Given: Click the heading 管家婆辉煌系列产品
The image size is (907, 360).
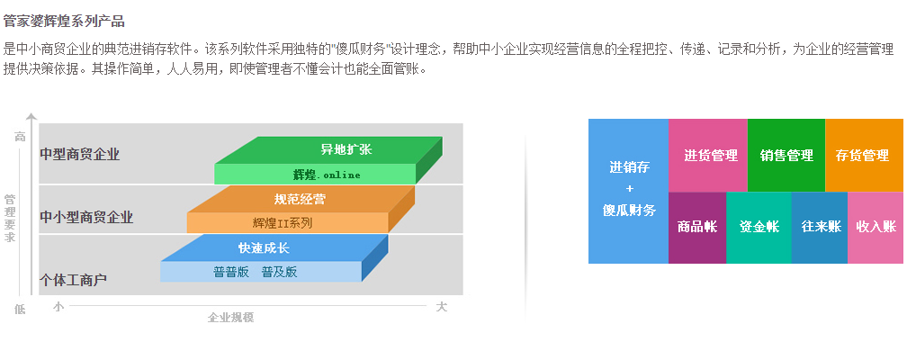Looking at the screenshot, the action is pyautogui.click(x=64, y=22).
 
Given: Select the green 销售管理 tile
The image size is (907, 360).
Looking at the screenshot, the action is pyautogui.click(x=786, y=155).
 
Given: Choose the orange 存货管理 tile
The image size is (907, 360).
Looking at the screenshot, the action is pyautogui.click(x=864, y=155).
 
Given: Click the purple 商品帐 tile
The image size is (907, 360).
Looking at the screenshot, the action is pyautogui.click(x=697, y=228).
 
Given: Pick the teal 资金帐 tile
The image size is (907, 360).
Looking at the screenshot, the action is pyautogui.click(x=759, y=228).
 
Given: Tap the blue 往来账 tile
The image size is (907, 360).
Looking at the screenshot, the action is pyautogui.click(x=819, y=228).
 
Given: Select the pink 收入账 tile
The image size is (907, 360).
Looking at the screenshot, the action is pyautogui.click(x=876, y=228).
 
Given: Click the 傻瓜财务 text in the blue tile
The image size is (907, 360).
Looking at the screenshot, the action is pyautogui.click(x=629, y=210).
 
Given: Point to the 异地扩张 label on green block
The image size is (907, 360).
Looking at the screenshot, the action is pyautogui.click(x=346, y=149).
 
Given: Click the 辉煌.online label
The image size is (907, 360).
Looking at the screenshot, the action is pyautogui.click(x=327, y=175).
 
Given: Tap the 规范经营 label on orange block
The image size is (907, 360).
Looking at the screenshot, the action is pyautogui.click(x=300, y=199).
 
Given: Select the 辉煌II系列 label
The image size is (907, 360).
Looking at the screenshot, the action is pyautogui.click(x=283, y=223).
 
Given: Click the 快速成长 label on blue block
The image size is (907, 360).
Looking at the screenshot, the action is pyautogui.click(x=264, y=248).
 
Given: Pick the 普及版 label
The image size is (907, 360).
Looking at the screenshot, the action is pyautogui.click(x=279, y=272).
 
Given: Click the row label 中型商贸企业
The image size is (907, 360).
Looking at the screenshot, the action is pyautogui.click(x=80, y=155).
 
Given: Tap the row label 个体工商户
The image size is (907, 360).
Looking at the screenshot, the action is pyautogui.click(x=73, y=280).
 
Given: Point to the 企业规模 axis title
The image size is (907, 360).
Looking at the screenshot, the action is pyautogui.click(x=230, y=317).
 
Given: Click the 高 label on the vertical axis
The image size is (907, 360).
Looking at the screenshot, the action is pyautogui.click(x=20, y=137).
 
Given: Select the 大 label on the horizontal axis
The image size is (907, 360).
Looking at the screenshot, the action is pyautogui.click(x=441, y=307).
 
